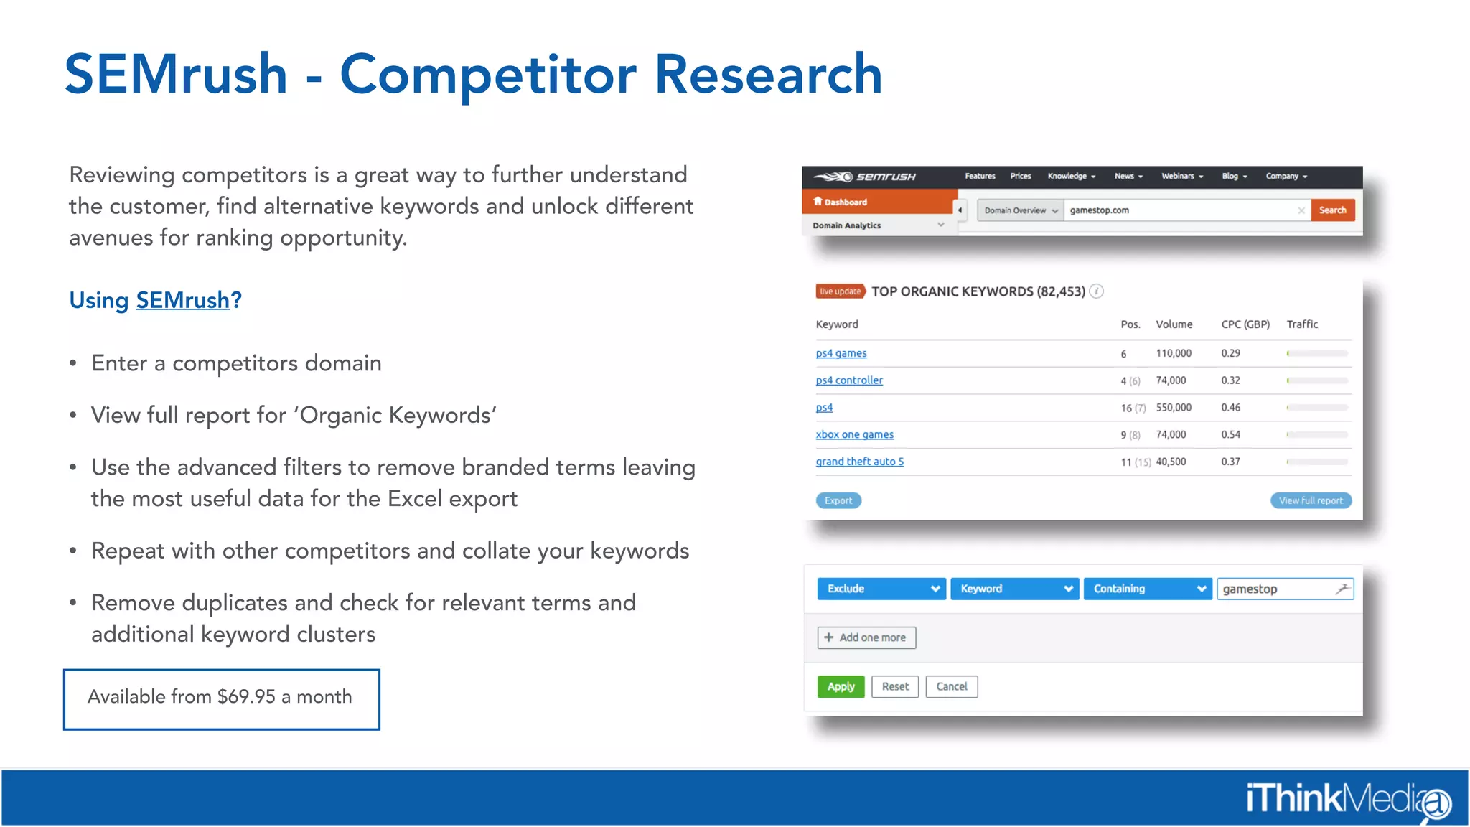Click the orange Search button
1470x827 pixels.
[1332, 210]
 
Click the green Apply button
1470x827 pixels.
[841, 686]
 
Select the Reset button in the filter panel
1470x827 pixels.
[895, 686]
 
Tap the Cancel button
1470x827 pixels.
[951, 686]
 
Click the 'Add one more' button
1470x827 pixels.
[866, 637]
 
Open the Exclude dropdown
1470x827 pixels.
[881, 589]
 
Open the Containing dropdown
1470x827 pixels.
[1147, 589]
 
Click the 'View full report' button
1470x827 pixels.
[1311, 500]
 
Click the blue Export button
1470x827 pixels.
[838, 500]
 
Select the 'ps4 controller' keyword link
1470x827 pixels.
[849, 380]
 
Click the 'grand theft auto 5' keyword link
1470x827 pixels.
[859, 462]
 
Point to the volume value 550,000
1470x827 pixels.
[1174, 408]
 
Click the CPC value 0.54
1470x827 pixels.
[1230, 435]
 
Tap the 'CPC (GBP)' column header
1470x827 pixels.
[1245, 324]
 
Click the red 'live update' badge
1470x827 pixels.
[840, 291]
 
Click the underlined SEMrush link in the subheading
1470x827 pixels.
[182, 300]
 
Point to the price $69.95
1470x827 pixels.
[246, 696]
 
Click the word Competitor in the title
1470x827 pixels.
[488, 74]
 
